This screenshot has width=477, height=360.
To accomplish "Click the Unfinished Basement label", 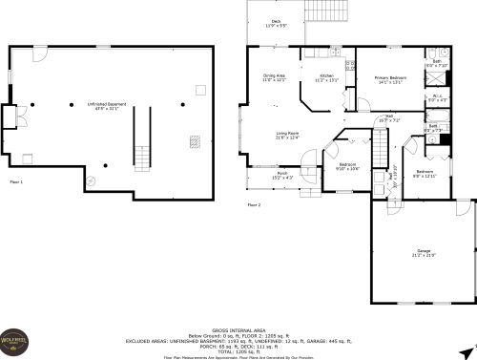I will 108,105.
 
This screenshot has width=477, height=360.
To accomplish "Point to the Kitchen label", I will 326,78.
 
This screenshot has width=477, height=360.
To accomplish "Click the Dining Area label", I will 275,78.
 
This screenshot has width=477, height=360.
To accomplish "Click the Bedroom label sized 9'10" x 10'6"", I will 348,166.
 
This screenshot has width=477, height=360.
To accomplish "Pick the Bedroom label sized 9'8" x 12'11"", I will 424,174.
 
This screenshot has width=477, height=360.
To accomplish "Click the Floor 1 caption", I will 16,180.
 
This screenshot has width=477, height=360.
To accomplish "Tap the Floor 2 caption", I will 254,204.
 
